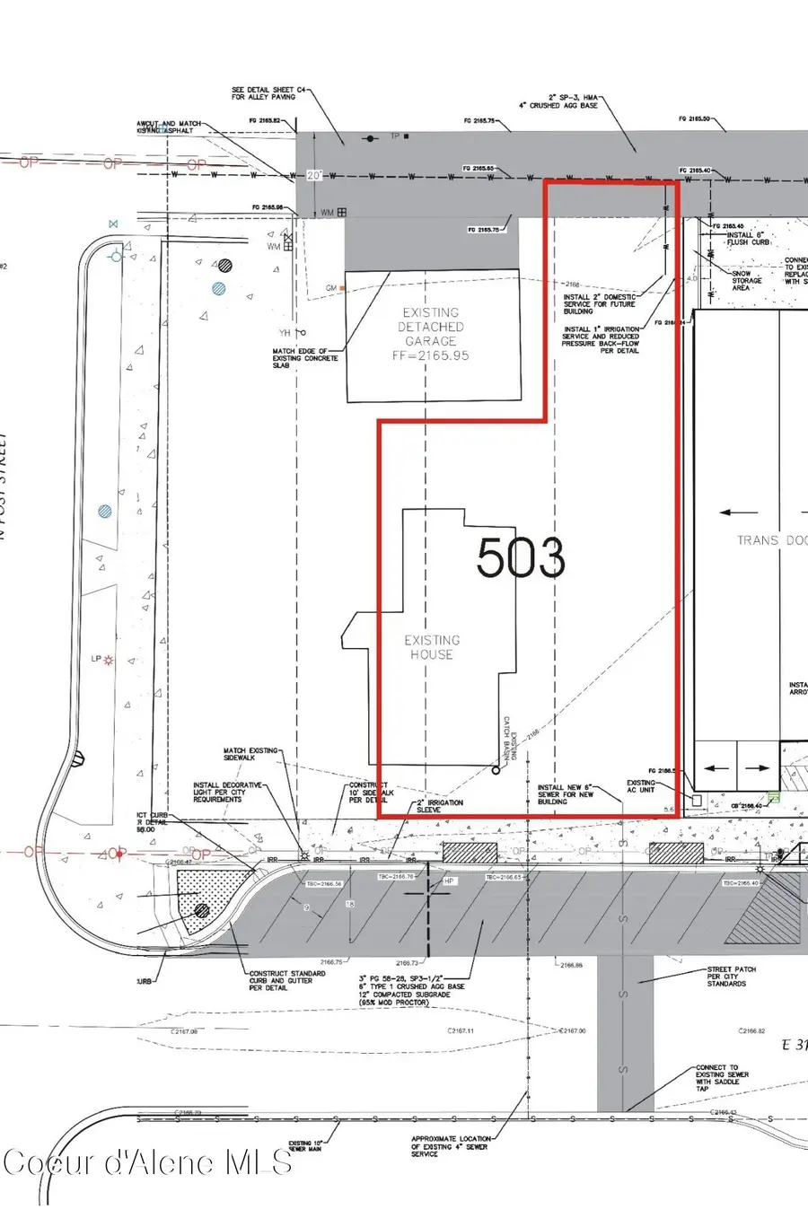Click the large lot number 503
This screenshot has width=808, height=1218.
point(521,557)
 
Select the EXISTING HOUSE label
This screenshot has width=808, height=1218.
point(432,647)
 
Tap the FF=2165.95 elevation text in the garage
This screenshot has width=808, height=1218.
point(431,355)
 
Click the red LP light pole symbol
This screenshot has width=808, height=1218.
point(110,660)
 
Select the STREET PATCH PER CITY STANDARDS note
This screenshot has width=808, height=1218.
point(731,977)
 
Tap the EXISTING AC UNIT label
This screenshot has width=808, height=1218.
point(641,786)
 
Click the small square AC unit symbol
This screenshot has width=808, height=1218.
point(696,799)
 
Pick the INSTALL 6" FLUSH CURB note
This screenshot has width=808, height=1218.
point(748,238)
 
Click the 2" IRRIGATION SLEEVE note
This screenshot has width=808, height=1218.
point(440,806)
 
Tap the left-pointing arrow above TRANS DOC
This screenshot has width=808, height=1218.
point(738,513)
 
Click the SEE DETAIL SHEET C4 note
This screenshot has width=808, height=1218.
point(263,93)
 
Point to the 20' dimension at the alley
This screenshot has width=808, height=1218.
point(313,176)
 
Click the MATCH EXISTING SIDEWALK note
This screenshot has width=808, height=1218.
point(251,754)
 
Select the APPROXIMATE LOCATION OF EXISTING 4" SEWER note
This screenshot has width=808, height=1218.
point(451,1146)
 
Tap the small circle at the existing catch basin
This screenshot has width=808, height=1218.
point(496,770)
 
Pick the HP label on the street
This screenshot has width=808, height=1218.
point(450,881)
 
